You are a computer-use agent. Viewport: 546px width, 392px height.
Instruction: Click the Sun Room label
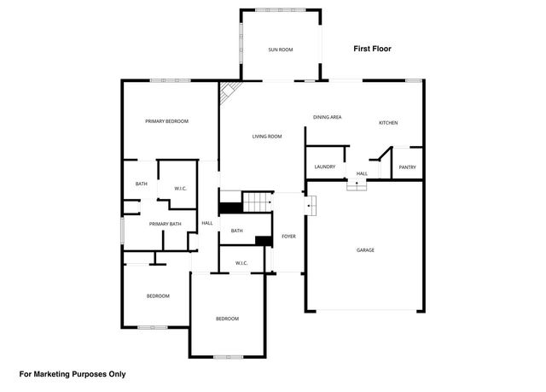point(281,50)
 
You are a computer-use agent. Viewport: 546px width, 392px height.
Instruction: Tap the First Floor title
point(372,50)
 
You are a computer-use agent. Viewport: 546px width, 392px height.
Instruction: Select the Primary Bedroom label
point(166,121)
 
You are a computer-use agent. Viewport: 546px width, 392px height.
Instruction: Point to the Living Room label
point(266,137)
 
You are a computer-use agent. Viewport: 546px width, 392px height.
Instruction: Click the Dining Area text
point(327,116)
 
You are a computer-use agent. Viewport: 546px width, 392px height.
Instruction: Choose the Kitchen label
point(388,123)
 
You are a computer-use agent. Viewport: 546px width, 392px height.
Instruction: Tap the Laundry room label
point(324,167)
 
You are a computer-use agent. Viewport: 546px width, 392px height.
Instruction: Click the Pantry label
point(407,167)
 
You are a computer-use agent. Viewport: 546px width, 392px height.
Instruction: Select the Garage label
point(365,250)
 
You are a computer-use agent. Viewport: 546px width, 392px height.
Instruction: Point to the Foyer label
point(288,236)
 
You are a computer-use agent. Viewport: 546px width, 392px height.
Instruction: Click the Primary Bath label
point(166,224)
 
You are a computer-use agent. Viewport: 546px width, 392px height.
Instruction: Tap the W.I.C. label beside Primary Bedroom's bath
point(181,188)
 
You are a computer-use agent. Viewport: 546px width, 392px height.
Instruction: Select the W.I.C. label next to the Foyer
point(241,263)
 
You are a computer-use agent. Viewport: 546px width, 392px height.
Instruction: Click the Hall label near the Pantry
point(362,173)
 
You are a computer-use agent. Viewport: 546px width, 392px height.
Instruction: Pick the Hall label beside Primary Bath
point(206,224)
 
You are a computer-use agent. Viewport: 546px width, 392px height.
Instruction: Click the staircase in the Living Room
point(257,202)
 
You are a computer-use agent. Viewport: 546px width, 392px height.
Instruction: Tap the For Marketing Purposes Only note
point(73,373)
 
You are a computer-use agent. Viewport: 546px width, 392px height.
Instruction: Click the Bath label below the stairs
point(236,231)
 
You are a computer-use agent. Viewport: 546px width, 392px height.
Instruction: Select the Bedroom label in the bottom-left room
point(158,296)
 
